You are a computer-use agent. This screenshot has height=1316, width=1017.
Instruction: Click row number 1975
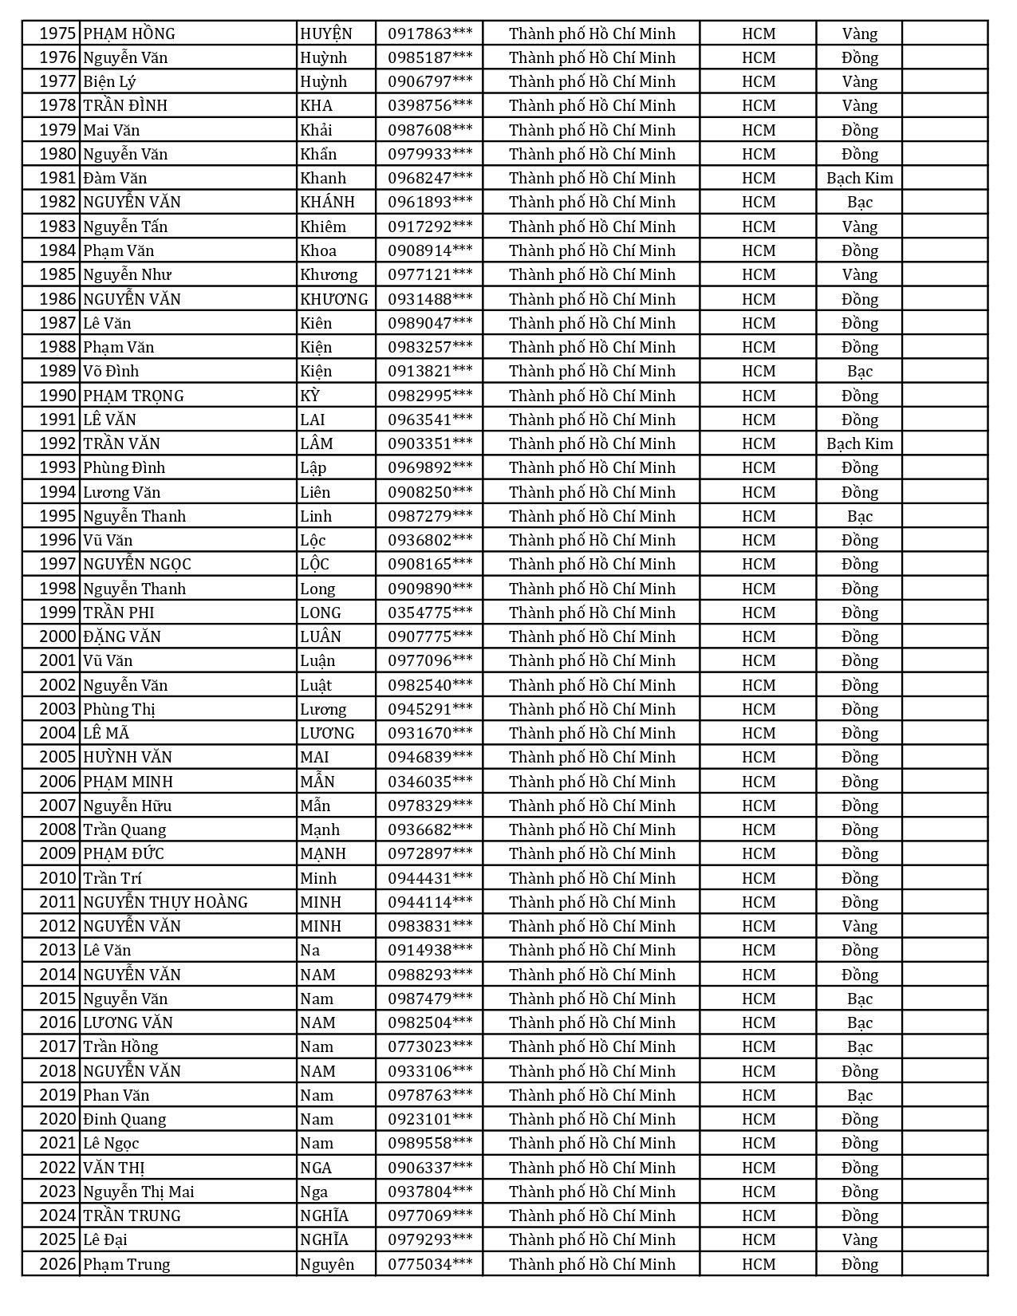click(57, 33)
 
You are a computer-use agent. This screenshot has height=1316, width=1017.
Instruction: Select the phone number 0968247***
click(430, 178)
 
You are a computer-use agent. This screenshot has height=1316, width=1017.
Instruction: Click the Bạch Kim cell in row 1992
click(859, 443)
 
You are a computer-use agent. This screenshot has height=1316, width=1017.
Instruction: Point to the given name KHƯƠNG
click(334, 299)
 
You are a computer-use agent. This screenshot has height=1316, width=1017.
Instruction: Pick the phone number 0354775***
click(430, 613)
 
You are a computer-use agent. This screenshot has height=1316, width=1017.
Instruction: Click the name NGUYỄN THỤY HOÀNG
click(165, 902)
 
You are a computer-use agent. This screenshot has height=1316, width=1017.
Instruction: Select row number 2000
click(57, 636)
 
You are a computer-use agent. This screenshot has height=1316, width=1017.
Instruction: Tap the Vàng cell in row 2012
click(859, 926)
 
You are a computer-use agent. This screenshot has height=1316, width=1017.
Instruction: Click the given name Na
click(309, 950)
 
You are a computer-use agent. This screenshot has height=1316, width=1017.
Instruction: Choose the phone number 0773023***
click(430, 1046)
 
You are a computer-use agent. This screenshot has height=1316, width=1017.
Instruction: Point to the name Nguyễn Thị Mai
click(138, 1192)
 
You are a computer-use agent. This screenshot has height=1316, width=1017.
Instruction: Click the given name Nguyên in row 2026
click(326, 1264)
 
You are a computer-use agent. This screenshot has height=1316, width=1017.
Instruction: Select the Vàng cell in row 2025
click(859, 1239)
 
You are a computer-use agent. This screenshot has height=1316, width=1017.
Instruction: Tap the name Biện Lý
click(109, 81)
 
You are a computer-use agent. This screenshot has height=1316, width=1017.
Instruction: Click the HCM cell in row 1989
click(758, 371)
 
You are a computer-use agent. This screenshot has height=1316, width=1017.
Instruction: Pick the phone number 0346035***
click(430, 782)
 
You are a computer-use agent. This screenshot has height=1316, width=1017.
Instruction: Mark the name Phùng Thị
click(119, 709)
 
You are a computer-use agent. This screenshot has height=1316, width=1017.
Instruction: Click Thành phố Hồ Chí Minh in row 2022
click(592, 1168)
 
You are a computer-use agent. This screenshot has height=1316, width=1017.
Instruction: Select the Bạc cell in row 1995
click(859, 516)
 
